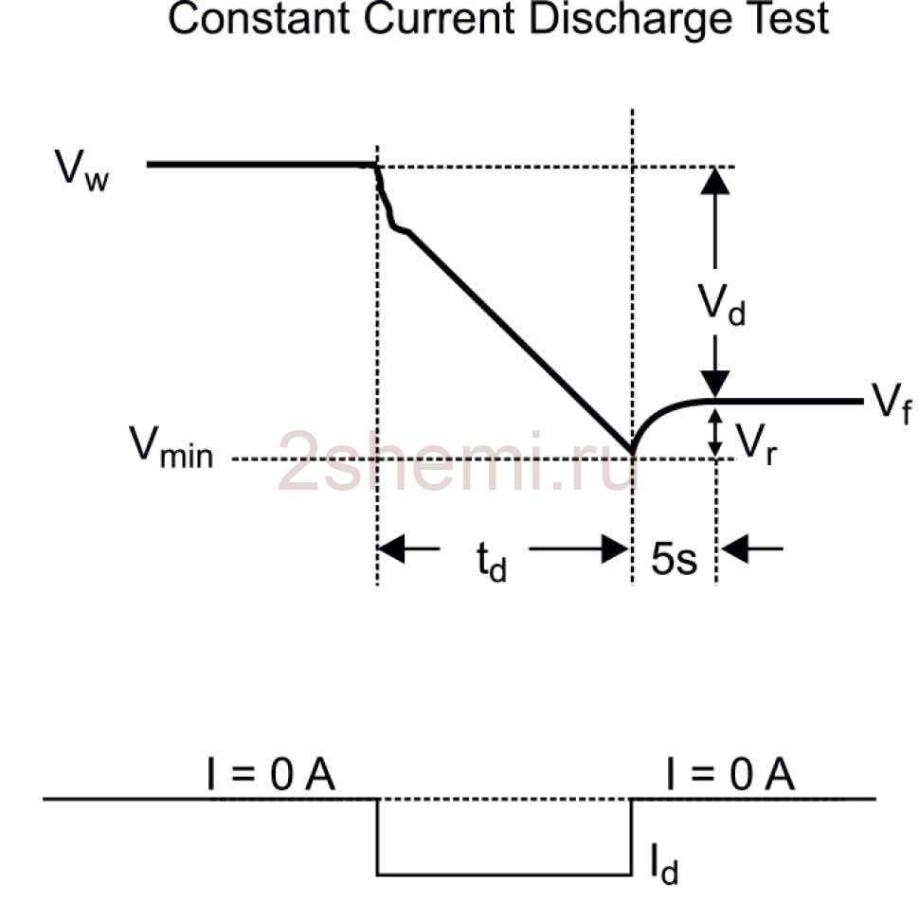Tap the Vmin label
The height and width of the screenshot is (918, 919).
(171, 447)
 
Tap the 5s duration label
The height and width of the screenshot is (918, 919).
(673, 560)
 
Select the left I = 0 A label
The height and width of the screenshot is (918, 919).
(271, 777)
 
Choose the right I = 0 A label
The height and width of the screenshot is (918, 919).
(730, 777)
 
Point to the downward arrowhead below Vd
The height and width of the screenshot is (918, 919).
(715, 384)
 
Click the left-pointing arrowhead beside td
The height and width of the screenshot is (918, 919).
(391, 548)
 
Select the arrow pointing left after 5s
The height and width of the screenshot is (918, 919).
(733, 548)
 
